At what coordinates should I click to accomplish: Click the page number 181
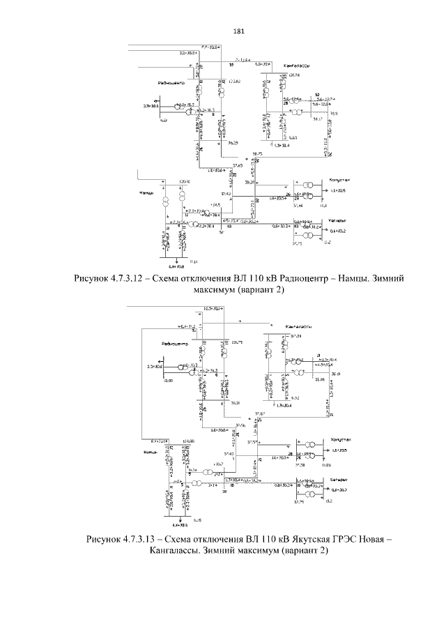click(238, 31)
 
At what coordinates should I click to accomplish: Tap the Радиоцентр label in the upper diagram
click(171, 83)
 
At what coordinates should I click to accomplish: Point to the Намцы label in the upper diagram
click(146, 192)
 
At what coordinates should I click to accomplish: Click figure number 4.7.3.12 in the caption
click(142, 279)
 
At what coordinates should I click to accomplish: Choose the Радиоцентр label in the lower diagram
click(174, 344)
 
